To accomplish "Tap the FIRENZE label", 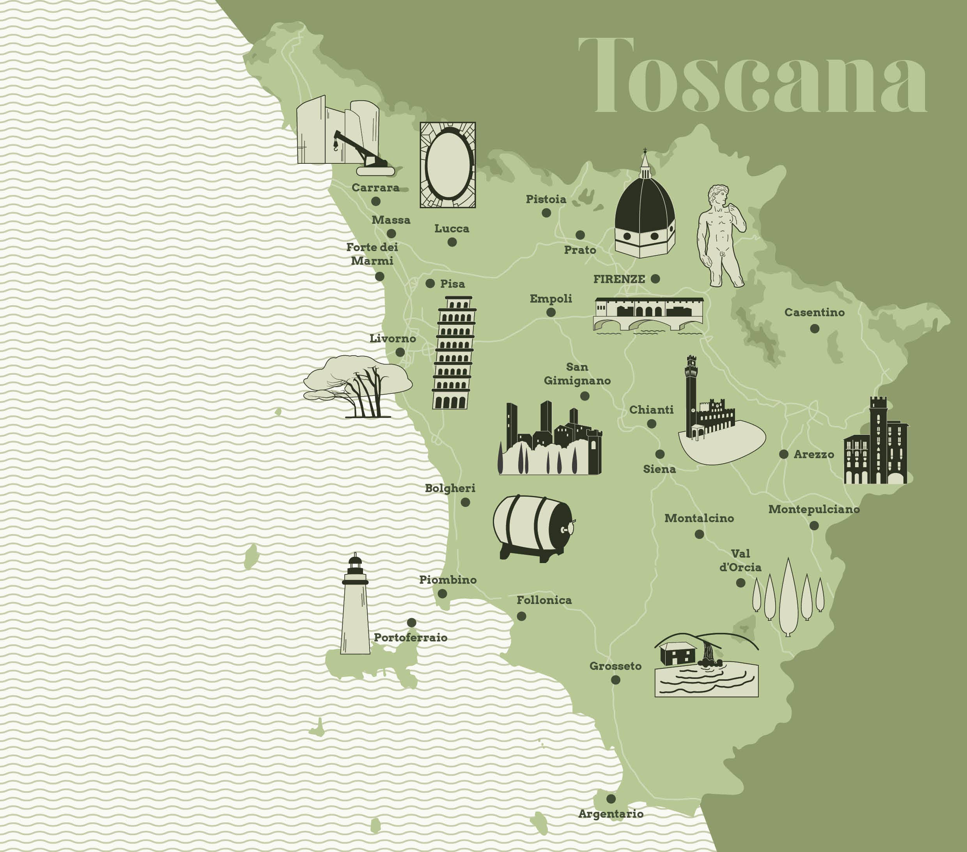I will (x=619, y=279).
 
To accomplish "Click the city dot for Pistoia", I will (x=546, y=213).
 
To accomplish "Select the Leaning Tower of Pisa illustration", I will (x=453, y=352).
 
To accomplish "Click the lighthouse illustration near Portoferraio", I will (x=355, y=608).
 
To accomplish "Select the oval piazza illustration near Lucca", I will (x=448, y=165).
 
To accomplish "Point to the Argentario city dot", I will (x=611, y=799).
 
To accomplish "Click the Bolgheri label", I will (x=450, y=488).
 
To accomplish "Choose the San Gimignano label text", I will (x=577, y=374).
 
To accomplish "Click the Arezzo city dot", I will (x=783, y=454).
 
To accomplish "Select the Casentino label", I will (x=814, y=312).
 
